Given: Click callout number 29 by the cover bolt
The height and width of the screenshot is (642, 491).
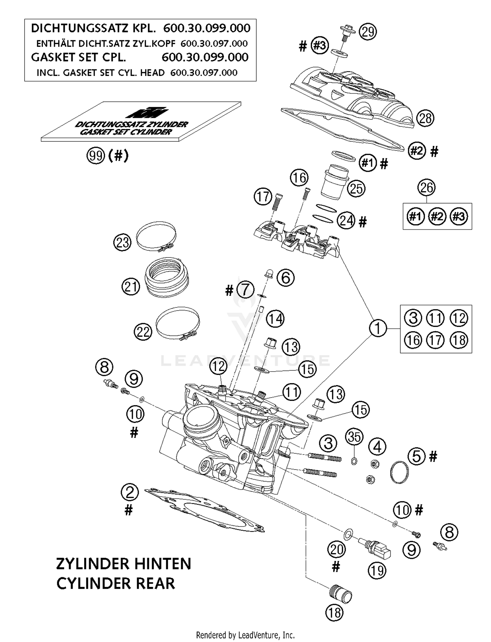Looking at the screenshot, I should [x=368, y=32].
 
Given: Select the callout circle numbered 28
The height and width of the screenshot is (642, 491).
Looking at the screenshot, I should [x=425, y=118].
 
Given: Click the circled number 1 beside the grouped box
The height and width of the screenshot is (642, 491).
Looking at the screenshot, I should [x=378, y=328].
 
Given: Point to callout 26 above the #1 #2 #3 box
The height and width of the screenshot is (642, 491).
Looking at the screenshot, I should [x=427, y=188].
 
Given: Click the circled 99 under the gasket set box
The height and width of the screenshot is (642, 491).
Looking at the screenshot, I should [x=96, y=156].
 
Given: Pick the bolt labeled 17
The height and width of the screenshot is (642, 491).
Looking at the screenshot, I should [x=277, y=203].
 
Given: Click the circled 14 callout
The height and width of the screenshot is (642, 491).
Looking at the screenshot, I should [x=275, y=319].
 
